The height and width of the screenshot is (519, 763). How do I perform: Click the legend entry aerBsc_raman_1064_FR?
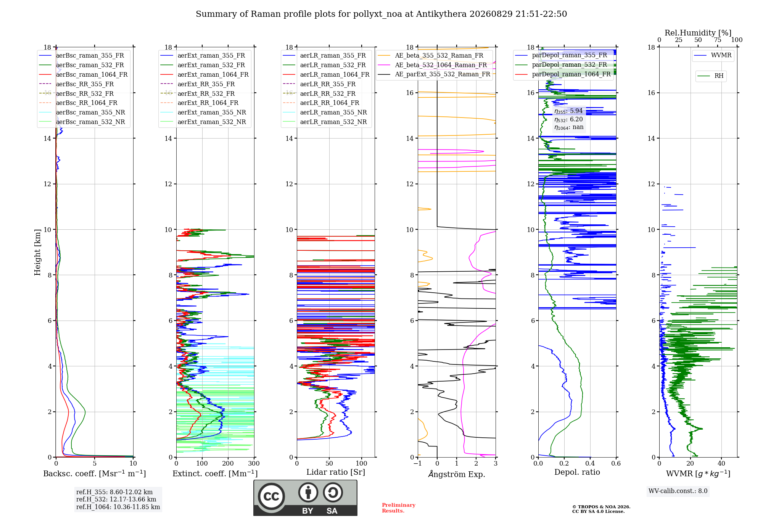click(83, 74)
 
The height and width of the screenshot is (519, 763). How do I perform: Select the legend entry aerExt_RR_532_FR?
click(198, 93)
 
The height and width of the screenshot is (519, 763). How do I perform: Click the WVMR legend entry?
click(713, 55)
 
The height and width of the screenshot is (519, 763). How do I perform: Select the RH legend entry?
click(711, 76)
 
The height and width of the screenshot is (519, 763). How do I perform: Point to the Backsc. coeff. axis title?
click(95, 474)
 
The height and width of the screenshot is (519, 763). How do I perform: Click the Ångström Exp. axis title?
click(457, 474)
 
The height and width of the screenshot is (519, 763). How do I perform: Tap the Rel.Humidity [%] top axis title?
click(698, 33)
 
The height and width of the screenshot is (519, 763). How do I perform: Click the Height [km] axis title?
click(37, 252)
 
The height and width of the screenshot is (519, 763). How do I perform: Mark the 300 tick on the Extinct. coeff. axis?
click(254, 463)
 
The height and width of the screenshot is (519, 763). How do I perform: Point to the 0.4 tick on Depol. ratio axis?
click(590, 463)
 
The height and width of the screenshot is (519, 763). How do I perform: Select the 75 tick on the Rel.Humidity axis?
click(718, 40)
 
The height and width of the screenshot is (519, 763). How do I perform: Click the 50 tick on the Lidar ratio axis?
click(330, 463)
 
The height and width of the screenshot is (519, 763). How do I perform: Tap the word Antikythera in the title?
click(441, 14)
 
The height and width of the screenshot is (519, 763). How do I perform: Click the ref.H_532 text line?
click(116, 499)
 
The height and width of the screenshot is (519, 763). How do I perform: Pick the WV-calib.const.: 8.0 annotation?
click(678, 491)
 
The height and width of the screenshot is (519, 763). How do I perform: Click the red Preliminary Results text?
click(399, 508)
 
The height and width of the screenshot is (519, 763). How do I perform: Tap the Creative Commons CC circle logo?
click(271, 496)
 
